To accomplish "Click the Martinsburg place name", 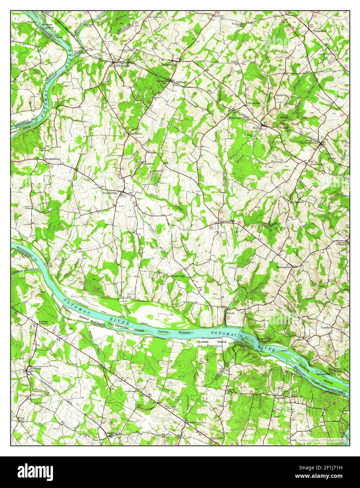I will (52, 159).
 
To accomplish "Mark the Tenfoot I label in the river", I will (164, 332).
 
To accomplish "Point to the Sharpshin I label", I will (186, 332).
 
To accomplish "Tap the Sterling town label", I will (112, 433).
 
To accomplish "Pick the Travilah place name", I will (326, 327).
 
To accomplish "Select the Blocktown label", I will (254, 103).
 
